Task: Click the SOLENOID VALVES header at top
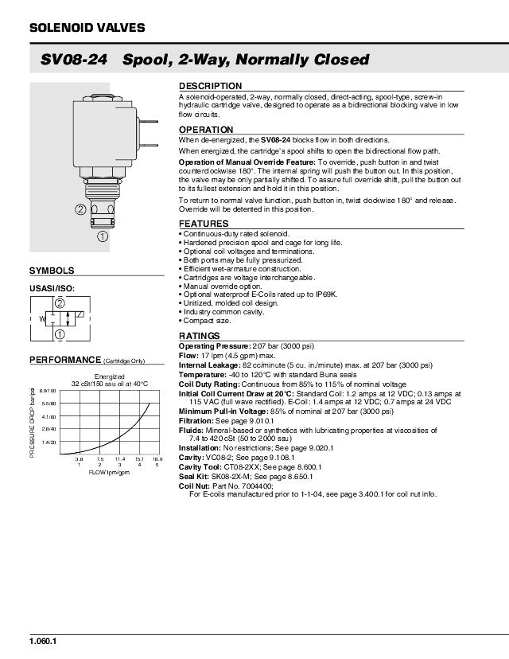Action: [x=87, y=28]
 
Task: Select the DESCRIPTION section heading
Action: [x=210, y=86]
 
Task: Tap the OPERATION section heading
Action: [x=206, y=130]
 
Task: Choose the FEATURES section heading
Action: [x=204, y=224]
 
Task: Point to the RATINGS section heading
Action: [x=200, y=337]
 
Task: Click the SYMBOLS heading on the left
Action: [x=52, y=271]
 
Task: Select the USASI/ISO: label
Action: [x=52, y=289]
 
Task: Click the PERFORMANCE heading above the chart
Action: [x=66, y=360]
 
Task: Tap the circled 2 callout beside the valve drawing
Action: [x=80, y=209]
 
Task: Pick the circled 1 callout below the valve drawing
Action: [x=103, y=236]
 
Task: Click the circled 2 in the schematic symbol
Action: [x=60, y=302]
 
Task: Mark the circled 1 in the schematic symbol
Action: [x=60, y=333]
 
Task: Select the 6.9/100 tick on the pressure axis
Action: [x=48, y=391]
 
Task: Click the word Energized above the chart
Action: [x=110, y=376]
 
